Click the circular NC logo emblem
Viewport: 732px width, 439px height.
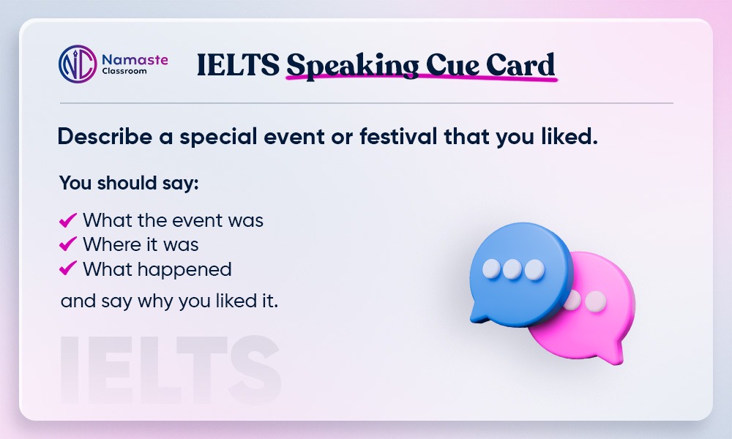(x=78, y=64)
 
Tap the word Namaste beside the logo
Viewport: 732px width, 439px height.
(x=135, y=60)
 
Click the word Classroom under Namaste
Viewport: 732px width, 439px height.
(x=124, y=72)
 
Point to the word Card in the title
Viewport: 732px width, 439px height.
(x=520, y=64)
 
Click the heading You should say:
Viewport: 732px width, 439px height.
(x=129, y=183)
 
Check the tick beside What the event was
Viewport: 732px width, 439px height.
(x=67, y=219)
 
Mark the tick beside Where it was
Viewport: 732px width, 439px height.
(x=67, y=244)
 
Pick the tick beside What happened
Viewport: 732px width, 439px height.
(x=67, y=269)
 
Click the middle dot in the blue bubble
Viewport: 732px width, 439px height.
(x=512, y=269)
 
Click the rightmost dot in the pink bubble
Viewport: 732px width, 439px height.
(x=596, y=301)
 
